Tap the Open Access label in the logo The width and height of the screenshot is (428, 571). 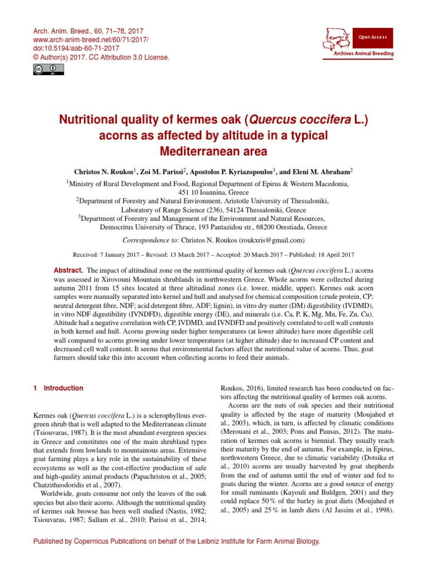[x=372, y=37]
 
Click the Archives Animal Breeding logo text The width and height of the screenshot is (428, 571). [x=363, y=54]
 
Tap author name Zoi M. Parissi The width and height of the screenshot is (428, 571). [x=166, y=172]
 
